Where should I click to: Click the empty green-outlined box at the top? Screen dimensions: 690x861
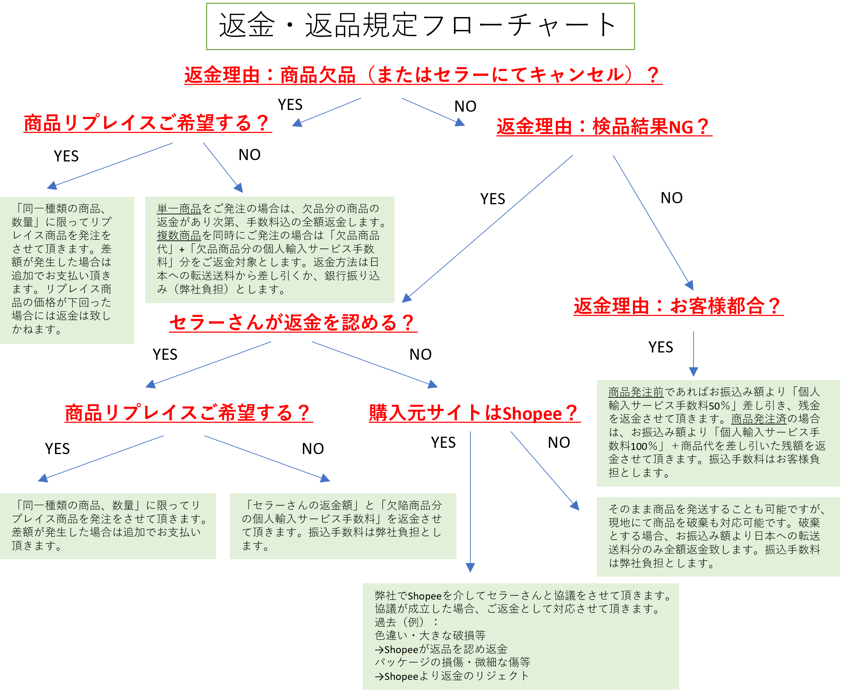pyautogui.click(x=420, y=26)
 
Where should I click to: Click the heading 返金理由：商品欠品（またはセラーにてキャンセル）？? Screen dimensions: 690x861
pyautogui.click(x=423, y=75)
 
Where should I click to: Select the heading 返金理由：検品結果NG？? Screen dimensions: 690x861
pyautogui.click(x=603, y=127)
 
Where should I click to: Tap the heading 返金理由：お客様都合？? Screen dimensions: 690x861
pyautogui.click(x=678, y=306)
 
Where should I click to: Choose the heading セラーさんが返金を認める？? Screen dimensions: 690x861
pyautogui.click(x=293, y=323)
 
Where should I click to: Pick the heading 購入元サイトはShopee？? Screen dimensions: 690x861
pyautogui.click(x=474, y=413)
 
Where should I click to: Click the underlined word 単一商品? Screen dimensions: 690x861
pyautogui.click(x=179, y=209)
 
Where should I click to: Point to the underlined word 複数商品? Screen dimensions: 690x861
pyautogui.click(x=179, y=236)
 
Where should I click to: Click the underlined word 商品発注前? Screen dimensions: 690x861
pyautogui.click(x=635, y=392)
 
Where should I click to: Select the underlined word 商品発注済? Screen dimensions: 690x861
pyautogui.click(x=758, y=419)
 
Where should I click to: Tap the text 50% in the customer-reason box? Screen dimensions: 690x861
pyautogui.click(x=720, y=406)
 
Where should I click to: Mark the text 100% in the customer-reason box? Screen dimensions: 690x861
pyautogui.click(x=644, y=446)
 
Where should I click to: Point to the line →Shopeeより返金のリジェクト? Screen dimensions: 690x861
pyautogui.click(x=451, y=676)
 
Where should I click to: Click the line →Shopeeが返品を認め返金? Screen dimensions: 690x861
pyautogui.click(x=441, y=649)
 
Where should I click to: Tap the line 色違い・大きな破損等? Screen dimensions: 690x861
pyautogui.click(x=430, y=635)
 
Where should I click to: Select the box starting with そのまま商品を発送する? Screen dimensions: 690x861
pyautogui.click(x=718, y=536)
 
